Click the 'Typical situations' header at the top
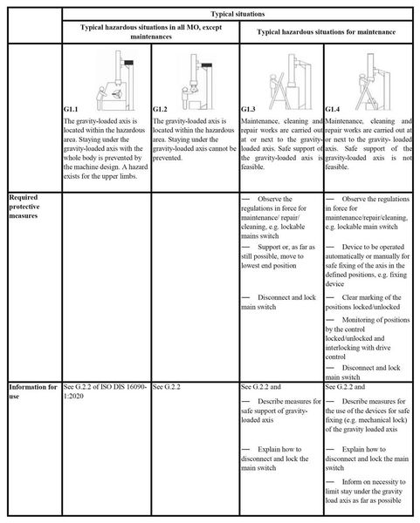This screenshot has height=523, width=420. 238,15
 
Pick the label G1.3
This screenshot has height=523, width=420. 249,108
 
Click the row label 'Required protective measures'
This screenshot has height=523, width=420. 31,207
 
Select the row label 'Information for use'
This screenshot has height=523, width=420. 32,389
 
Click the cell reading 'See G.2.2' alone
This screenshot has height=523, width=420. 169,384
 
